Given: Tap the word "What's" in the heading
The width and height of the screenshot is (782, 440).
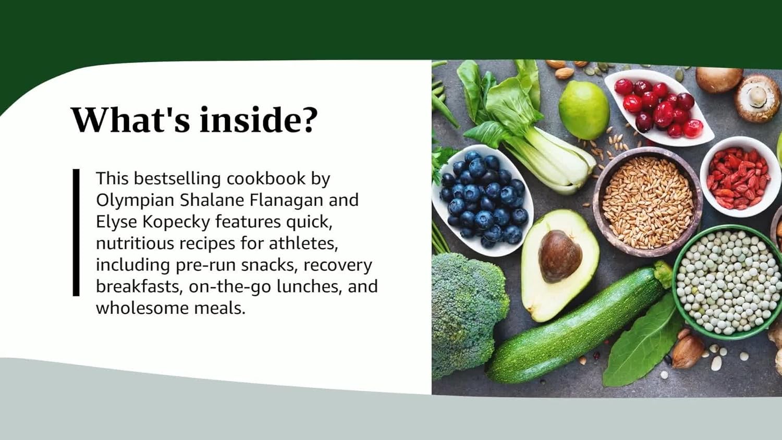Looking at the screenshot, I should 130,119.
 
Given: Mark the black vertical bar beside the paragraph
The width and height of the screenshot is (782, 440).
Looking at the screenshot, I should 76,233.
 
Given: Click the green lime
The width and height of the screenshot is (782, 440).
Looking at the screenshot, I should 584,109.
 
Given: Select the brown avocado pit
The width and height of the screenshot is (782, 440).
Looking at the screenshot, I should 560,255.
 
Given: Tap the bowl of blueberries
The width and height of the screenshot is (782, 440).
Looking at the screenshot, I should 482,201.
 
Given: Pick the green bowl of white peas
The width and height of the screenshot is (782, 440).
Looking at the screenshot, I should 727,282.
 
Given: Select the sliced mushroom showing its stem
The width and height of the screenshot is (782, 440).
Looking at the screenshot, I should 758,97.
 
